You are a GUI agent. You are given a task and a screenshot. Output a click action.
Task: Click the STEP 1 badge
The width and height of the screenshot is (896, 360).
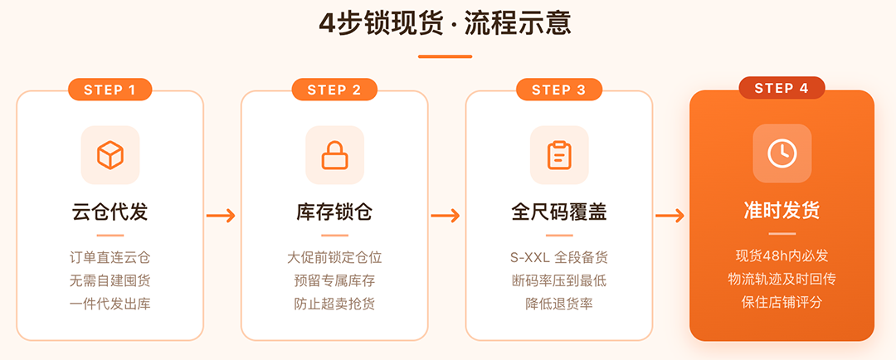(110, 90)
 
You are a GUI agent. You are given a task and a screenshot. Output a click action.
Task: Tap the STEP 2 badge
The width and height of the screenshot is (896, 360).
(334, 90)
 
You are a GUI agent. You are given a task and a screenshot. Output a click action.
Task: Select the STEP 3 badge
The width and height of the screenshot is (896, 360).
(559, 90)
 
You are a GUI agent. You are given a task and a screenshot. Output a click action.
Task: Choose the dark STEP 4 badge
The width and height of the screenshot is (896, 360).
(782, 88)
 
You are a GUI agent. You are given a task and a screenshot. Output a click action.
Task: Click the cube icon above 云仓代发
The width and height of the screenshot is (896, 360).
(110, 155)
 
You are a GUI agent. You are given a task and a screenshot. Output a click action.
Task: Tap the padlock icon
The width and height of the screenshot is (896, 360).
(335, 155)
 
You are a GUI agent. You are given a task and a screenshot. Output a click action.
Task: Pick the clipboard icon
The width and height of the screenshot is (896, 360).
(559, 155)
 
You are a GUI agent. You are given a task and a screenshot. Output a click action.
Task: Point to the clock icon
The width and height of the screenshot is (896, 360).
(782, 153)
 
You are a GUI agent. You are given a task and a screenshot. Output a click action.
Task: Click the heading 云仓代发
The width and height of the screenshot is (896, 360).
(110, 212)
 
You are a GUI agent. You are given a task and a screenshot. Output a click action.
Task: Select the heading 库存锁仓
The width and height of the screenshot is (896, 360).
(334, 212)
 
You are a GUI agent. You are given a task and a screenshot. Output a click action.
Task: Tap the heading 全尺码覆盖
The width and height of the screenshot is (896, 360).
(559, 212)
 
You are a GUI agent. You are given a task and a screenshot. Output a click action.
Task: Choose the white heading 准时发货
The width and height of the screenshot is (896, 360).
(782, 211)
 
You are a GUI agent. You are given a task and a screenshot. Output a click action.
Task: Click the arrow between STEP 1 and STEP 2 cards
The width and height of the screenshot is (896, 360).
(222, 216)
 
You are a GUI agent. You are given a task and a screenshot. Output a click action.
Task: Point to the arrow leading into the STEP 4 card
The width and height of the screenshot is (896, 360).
(670, 216)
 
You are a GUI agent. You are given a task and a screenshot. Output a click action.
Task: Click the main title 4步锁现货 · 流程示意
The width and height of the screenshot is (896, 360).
(446, 23)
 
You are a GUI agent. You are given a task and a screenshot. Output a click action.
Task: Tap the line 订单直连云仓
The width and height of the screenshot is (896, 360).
(110, 258)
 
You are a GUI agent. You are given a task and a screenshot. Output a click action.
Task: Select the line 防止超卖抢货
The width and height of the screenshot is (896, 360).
(334, 304)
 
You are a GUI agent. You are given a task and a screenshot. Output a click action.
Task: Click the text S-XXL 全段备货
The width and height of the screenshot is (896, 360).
(559, 258)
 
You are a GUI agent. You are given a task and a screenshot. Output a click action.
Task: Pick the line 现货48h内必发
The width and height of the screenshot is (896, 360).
(782, 256)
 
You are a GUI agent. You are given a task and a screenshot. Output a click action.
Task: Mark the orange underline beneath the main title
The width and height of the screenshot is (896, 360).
(446, 56)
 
